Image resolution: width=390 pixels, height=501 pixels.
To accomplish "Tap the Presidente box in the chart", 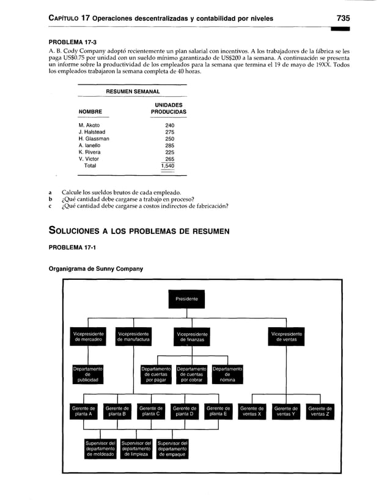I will click(x=186, y=299).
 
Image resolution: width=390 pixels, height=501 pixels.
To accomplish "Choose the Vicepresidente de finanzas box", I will click(x=191, y=336).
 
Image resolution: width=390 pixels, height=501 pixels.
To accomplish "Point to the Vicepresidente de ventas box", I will click(x=286, y=336).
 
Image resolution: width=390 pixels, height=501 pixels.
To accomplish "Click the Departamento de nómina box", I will click(x=227, y=374).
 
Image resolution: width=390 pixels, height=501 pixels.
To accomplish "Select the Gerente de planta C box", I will click(x=150, y=411).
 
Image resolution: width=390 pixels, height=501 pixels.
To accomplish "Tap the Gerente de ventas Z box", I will click(x=320, y=411).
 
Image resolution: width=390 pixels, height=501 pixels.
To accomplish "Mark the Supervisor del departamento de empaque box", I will click(x=172, y=449).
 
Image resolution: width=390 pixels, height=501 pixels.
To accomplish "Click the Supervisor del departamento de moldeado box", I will click(x=100, y=449).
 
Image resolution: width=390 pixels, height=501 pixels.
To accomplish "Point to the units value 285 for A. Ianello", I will click(x=169, y=146).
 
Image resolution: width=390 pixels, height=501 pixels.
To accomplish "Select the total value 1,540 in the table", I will click(x=167, y=165).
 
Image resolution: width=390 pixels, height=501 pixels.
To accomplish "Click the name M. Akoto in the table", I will click(x=89, y=126).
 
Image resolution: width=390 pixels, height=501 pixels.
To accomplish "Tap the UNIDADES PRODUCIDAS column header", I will click(x=168, y=109).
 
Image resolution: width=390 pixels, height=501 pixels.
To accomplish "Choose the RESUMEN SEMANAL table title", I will click(x=133, y=91).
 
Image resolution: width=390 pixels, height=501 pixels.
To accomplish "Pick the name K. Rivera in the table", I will click(x=90, y=153).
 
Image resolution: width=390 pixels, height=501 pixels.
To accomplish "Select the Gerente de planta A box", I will click(x=83, y=411).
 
